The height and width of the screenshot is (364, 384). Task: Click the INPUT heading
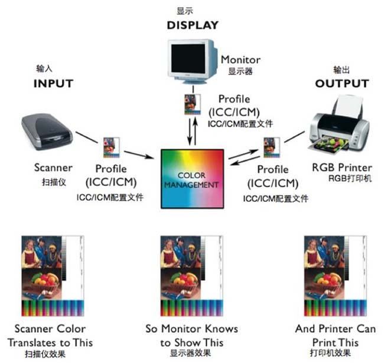coord(53,83)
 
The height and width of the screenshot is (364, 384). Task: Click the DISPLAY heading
coord(192,25)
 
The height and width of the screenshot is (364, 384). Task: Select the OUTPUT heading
coord(341,83)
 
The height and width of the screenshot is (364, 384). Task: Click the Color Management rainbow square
coord(193,179)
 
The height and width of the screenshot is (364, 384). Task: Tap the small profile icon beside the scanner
coord(108,147)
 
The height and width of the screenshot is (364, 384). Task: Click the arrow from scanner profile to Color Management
coord(137,156)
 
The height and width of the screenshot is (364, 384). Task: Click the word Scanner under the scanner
coord(53,168)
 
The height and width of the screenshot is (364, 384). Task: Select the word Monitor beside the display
coord(240,60)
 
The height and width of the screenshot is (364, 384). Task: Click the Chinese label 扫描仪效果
coord(45,354)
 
